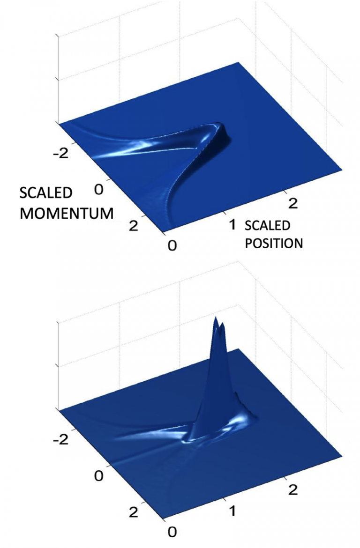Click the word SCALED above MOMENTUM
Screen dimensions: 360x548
(46, 193)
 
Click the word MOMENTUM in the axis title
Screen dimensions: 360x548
(67, 213)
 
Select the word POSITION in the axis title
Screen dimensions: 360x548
(274, 243)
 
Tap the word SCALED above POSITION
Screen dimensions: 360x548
(267, 225)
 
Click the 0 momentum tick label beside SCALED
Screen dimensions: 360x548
(99, 189)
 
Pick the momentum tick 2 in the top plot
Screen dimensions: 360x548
(133, 226)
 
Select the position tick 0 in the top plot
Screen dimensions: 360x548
(172, 246)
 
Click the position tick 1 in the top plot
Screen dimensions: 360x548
(232, 225)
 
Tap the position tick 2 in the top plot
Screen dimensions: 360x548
(293, 203)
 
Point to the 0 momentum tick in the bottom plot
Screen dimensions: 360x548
(99, 476)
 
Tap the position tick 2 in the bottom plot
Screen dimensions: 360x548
(293, 489)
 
